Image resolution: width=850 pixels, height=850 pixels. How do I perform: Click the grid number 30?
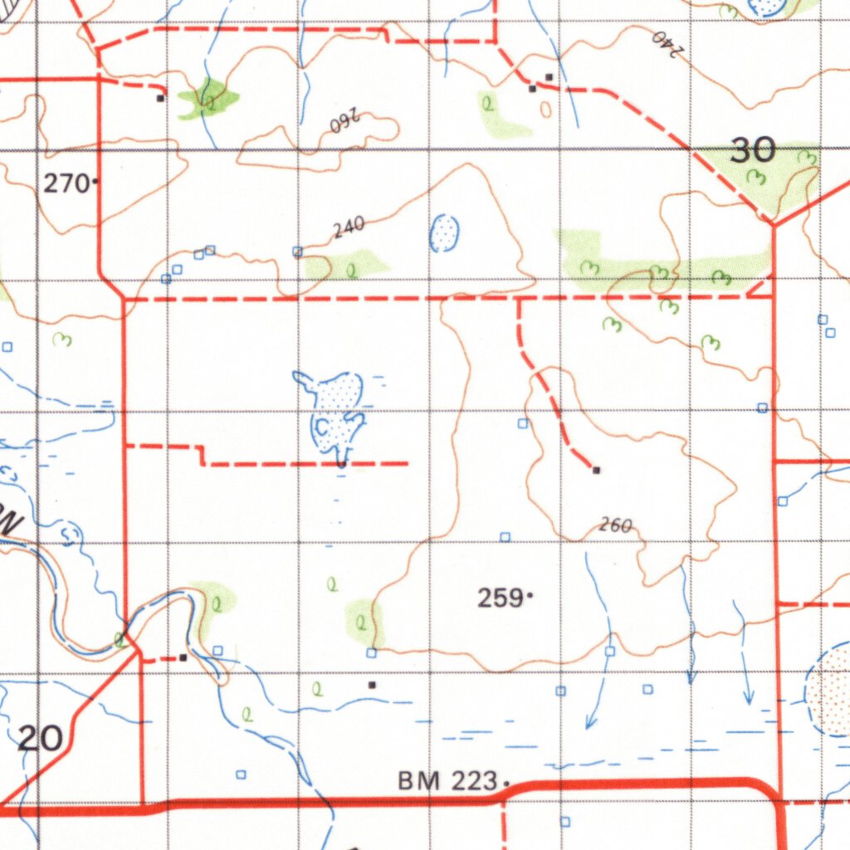click(x=753, y=150)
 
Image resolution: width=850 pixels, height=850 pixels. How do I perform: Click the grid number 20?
click(x=40, y=737)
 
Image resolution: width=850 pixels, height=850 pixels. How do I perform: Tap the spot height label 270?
click(x=66, y=183)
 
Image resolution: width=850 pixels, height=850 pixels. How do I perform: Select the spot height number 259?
click(x=501, y=597)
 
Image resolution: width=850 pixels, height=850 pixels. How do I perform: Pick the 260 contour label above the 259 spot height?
click(x=615, y=525)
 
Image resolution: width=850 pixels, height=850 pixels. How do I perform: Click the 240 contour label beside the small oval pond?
click(x=349, y=228)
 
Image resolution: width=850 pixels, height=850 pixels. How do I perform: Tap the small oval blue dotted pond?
click(x=444, y=233)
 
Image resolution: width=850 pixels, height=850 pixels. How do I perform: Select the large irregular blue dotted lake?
click(x=336, y=411)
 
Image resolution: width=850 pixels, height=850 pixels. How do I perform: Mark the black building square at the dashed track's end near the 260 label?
click(x=596, y=471)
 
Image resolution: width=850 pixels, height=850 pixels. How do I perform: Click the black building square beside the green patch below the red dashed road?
click(x=160, y=97)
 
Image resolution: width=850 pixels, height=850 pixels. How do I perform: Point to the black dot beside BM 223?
click(x=506, y=781)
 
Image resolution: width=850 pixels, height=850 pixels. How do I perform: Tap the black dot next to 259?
click(x=530, y=595)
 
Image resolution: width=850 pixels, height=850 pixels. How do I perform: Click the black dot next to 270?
click(x=96, y=180)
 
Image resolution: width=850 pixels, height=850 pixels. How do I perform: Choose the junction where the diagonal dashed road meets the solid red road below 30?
click(x=772, y=224)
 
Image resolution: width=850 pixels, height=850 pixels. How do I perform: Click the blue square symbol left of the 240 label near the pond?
click(x=297, y=251)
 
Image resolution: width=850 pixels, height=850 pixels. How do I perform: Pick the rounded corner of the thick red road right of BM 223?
click(x=767, y=787)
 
